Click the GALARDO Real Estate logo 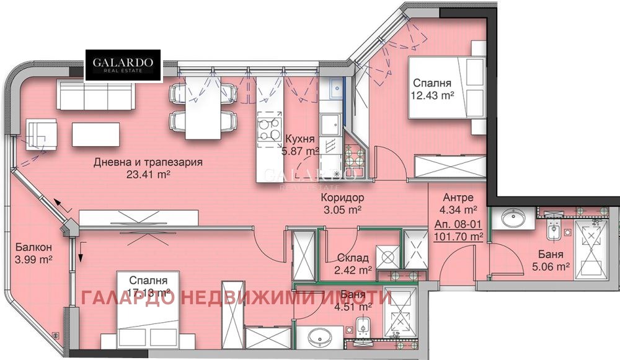tap(123, 65)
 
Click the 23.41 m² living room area tap(148, 174)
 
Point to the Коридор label tap(342, 198)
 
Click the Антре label tap(459, 198)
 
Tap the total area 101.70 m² tap(459, 235)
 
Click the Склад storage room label tap(353, 258)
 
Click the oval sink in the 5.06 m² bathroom tap(513, 217)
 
